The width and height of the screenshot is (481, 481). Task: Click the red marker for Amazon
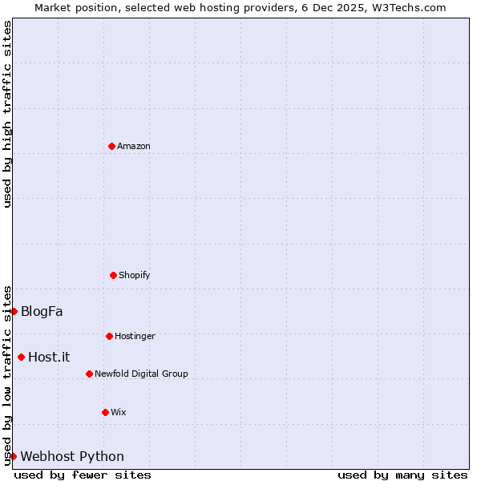tap(112, 146)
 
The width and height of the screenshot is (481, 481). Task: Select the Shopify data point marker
tap(113, 275)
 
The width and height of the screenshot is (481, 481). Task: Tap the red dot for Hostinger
tap(109, 336)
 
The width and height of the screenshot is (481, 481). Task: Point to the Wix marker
tap(105, 412)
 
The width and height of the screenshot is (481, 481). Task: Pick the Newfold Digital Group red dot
tap(89, 374)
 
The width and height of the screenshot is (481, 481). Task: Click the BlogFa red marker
tap(14, 311)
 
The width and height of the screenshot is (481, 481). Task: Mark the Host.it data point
tap(21, 357)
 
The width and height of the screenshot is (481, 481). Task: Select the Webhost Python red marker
tap(13, 456)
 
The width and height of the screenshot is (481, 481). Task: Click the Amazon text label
tap(134, 146)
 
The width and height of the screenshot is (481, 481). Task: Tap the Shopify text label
tap(135, 275)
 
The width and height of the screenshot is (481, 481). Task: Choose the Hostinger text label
tap(135, 336)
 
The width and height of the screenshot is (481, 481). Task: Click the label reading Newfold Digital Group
tap(141, 374)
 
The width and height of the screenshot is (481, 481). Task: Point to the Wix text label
tap(119, 412)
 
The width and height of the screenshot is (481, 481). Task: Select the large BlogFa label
tap(42, 311)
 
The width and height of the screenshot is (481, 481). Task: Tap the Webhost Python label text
tap(72, 456)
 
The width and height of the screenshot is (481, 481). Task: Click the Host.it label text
tap(49, 357)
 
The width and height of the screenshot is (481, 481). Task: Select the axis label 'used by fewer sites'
tap(83, 475)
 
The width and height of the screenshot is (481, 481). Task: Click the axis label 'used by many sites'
tap(402, 475)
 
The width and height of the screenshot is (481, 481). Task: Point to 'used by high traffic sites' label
tap(7, 114)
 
